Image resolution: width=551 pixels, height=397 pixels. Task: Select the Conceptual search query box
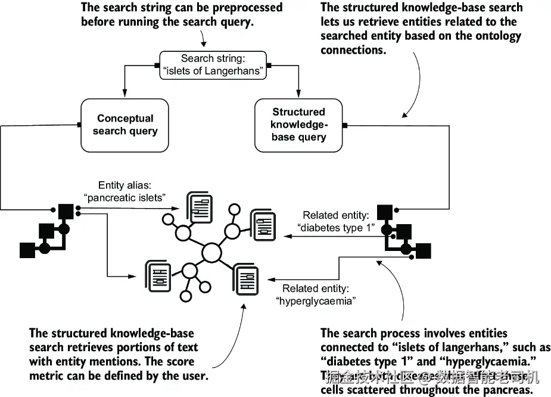tap(125, 125)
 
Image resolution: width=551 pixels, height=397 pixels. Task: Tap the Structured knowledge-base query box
tap(298, 125)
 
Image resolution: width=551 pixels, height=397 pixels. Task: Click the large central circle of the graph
tap(211, 253)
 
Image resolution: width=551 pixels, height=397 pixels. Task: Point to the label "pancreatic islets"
tap(132, 197)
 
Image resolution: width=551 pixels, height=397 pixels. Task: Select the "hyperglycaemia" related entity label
tap(316, 301)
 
